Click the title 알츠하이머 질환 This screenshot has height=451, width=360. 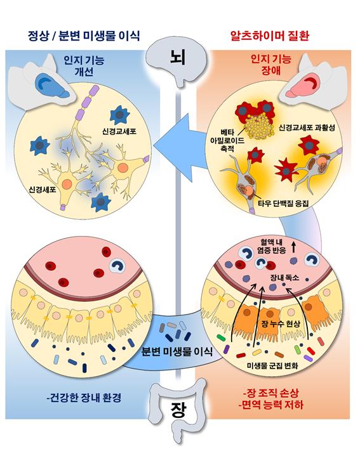point(270,36)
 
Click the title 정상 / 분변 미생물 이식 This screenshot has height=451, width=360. point(84,36)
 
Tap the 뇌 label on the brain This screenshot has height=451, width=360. point(177,58)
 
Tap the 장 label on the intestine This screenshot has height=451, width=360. point(178,410)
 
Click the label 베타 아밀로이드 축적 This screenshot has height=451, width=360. point(227,140)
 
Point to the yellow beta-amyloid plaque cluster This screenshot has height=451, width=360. point(258,126)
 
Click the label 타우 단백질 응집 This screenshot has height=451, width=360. point(283,204)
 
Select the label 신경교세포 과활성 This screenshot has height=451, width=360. point(307,127)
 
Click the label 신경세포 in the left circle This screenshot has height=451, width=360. point(43,189)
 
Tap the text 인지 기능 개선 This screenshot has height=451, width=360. point(84,66)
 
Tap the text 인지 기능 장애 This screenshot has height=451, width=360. point(271,65)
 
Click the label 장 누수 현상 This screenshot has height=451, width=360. point(281,324)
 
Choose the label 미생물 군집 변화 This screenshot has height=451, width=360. point(272,365)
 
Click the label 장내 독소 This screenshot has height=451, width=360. point(284,277)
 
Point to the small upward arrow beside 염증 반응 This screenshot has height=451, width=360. point(293,247)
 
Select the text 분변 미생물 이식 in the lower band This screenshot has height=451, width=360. point(177,351)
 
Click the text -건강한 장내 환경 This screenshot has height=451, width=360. point(84,398)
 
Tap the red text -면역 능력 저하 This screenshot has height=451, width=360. point(270,405)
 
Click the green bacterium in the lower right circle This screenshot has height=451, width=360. point(221,337)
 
